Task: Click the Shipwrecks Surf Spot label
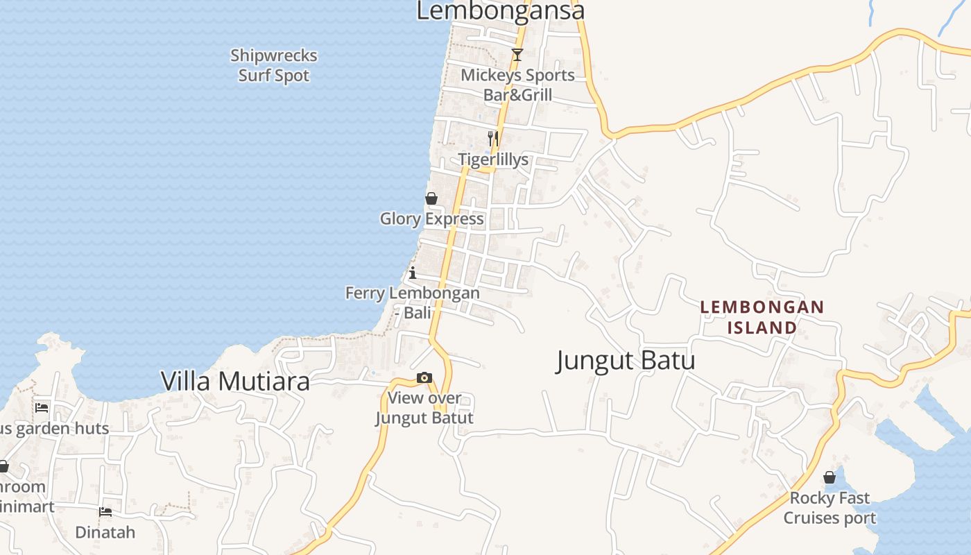click(274, 65)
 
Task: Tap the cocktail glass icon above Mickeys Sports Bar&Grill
click(517, 55)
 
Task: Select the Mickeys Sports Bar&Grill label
click(518, 85)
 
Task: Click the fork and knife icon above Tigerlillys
click(492, 138)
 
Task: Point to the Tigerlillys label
click(493, 160)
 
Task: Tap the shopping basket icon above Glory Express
click(431, 198)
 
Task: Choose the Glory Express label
click(431, 219)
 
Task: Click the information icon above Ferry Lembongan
click(413, 273)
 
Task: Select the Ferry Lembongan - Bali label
click(413, 302)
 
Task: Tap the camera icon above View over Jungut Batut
click(424, 378)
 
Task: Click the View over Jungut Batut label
click(424, 408)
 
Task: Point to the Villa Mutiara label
click(235, 381)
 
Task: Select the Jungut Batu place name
click(626, 361)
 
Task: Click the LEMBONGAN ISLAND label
click(762, 317)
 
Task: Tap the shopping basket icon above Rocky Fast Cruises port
click(830, 477)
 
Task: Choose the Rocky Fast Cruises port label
click(830, 508)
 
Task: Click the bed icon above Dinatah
click(105, 512)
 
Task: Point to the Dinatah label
click(105, 533)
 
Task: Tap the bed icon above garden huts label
click(42, 407)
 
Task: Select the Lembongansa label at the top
click(500, 11)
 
